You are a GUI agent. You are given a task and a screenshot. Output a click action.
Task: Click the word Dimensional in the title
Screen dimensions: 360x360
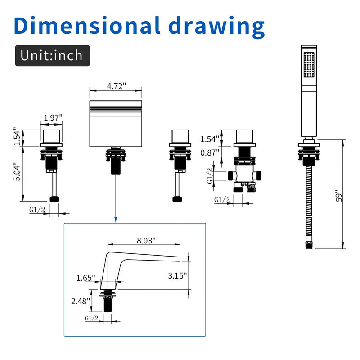coord(87,25)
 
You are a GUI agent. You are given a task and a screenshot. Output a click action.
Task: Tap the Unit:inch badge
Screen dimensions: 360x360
coord(52,55)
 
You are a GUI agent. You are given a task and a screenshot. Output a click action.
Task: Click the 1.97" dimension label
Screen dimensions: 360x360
coord(53,118)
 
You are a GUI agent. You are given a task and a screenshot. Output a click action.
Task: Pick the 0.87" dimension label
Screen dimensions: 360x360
coord(210,153)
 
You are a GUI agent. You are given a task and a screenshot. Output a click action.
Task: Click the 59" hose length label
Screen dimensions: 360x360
coord(339,196)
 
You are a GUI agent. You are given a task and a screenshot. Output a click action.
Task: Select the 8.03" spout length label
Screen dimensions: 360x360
coord(146,241)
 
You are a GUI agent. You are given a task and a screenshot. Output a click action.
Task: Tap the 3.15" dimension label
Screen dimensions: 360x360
coord(177,275)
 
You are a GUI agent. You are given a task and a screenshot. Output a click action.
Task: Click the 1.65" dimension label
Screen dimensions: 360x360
coord(85,278)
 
